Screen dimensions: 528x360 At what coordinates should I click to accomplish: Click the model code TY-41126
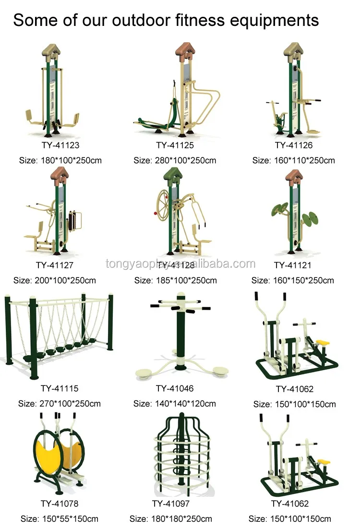tap(294, 144)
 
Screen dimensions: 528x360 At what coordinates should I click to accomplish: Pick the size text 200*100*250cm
tap(65, 280)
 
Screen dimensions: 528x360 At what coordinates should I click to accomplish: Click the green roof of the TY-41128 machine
tap(174, 175)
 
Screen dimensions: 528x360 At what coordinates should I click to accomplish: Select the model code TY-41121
tap(293, 265)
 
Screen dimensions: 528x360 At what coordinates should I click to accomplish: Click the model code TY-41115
tap(60, 388)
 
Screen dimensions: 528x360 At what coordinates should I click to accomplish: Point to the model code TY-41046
tap(175, 388)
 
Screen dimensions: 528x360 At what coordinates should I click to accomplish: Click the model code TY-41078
tap(60, 504)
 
